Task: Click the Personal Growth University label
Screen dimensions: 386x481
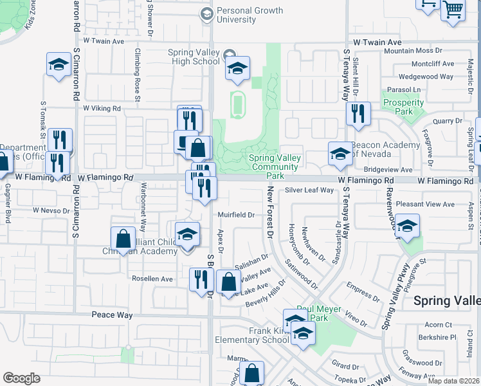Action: (236, 15)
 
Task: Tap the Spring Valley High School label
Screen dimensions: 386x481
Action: (194, 57)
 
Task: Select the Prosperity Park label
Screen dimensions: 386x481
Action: (403, 107)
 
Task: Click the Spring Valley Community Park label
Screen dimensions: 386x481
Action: (275, 167)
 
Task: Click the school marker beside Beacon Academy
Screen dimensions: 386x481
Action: (340, 154)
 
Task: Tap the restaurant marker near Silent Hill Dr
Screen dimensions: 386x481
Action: (358, 114)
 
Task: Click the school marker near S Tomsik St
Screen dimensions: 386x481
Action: (58, 65)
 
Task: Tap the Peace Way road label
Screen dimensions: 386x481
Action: (112, 315)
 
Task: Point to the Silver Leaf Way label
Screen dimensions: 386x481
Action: (310, 190)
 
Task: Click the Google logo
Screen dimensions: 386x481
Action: (21, 378)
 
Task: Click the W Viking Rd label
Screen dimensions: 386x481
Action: (102, 109)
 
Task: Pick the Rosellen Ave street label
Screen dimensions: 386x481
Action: (152, 279)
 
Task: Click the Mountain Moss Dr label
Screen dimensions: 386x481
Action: (413, 51)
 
